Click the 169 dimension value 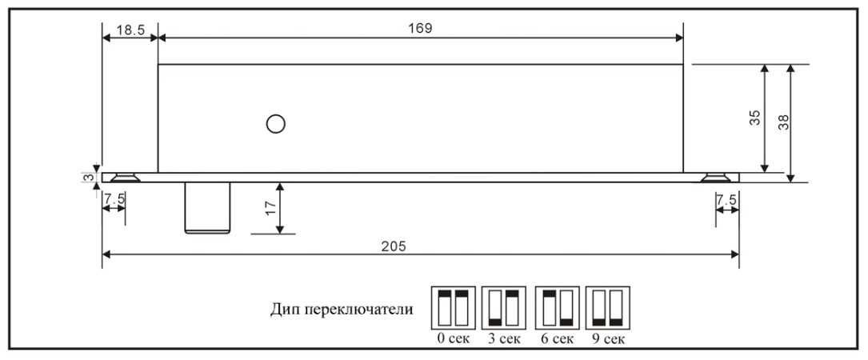pos(420,28)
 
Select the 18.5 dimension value pos(130,30)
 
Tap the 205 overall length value pos(394,246)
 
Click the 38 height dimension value pos(783,122)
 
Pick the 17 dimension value pos(270,208)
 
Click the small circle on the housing pos(276,123)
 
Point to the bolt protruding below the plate pos(207,208)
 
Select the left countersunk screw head pos(125,178)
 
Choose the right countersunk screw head pos(716,178)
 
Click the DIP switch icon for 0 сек pos(454,308)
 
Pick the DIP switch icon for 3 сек pos(503,308)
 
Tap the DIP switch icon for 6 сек pos(557,308)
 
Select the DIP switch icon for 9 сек pos(607,308)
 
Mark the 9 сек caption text pos(607,339)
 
